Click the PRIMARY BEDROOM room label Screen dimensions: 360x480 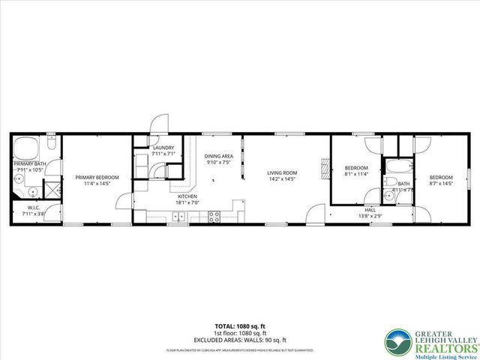(92, 178)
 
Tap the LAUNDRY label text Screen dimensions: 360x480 (163, 148)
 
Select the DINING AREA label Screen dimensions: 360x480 (219, 156)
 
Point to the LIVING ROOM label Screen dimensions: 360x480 (283, 173)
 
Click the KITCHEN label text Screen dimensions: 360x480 (187, 196)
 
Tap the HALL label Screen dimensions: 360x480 (370, 210)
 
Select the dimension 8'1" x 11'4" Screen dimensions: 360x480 (356, 173)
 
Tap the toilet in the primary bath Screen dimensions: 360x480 (52, 142)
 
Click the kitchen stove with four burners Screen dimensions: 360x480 (214, 217)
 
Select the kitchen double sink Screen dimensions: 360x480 (178, 217)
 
